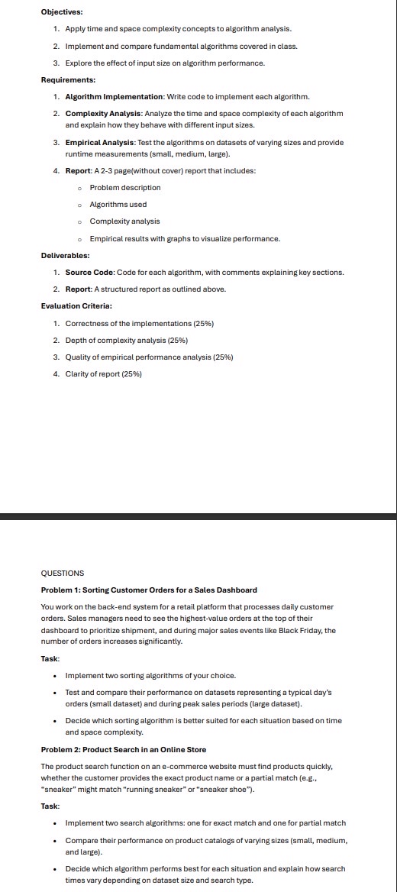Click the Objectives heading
click(62, 11)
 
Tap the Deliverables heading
click(65, 256)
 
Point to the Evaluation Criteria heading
click(76, 306)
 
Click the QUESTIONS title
click(63, 573)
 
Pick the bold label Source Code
click(89, 273)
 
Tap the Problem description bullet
click(125, 187)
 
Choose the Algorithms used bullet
click(118, 204)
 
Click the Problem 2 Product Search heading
click(123, 749)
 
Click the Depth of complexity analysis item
click(126, 340)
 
